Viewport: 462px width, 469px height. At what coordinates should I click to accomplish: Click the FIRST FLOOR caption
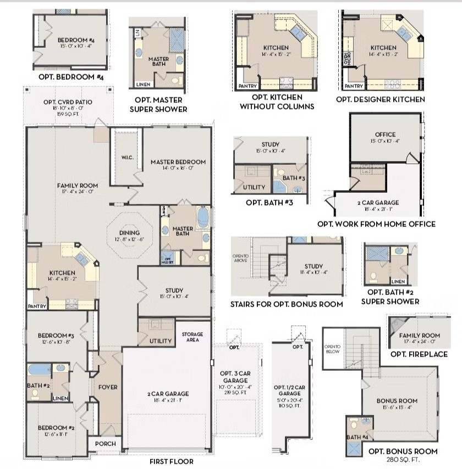point(172,462)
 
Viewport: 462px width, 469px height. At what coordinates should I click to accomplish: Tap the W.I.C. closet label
point(127,158)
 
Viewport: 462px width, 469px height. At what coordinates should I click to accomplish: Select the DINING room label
point(129,233)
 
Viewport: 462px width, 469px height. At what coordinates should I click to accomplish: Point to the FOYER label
point(108,387)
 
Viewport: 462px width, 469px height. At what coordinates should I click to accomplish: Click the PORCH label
point(105,444)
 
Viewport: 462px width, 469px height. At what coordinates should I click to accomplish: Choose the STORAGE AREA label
point(193,337)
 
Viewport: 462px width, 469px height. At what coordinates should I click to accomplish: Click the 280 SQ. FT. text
point(403,459)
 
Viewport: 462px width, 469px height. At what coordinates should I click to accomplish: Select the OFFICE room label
point(385,135)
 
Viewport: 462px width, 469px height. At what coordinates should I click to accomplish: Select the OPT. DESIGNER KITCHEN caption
point(381,99)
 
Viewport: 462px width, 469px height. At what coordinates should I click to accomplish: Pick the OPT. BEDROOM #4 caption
point(71,77)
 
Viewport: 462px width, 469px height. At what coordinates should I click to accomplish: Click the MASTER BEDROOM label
point(178,162)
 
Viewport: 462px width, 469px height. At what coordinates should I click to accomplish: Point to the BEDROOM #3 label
point(56,336)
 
